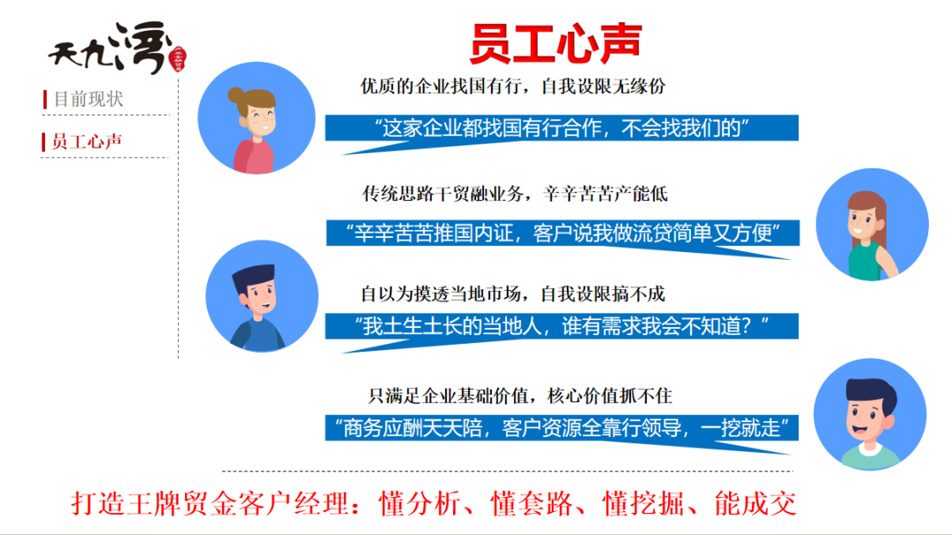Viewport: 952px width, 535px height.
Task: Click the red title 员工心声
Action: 554,42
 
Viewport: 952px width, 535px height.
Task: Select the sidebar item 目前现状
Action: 88,99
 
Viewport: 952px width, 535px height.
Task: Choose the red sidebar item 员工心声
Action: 86,141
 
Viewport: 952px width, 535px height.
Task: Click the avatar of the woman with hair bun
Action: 256,119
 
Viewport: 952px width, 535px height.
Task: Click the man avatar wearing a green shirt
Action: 869,414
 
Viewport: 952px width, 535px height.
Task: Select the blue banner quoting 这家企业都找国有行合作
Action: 562,129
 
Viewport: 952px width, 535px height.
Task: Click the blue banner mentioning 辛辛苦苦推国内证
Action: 562,234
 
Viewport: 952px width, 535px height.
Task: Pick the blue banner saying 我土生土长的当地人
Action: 562,327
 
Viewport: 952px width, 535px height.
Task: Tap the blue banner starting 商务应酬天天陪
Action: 562,429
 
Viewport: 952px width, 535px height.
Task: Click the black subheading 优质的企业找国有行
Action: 512,86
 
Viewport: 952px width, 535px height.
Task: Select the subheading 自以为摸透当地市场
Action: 512,293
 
